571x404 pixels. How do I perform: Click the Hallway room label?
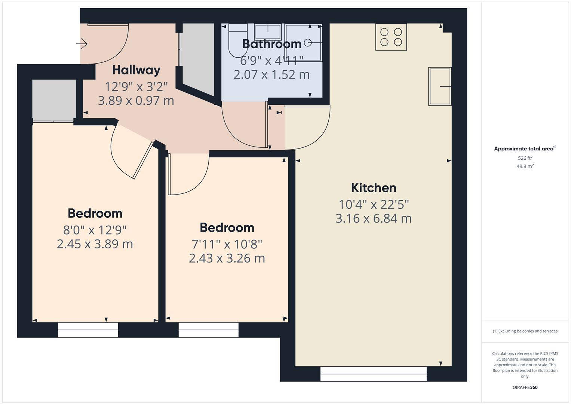coord(136,70)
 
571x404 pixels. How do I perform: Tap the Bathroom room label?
coord(272,44)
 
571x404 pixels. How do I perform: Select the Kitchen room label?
coord(374,187)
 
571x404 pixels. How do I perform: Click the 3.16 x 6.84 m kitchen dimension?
coord(374,218)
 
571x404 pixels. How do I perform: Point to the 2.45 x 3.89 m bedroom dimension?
coord(95,244)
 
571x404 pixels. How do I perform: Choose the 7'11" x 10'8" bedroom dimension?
coord(227,244)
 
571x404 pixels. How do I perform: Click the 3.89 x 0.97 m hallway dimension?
coord(136,101)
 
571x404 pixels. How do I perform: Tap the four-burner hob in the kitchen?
coord(391,37)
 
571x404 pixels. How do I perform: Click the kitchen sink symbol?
coord(440,86)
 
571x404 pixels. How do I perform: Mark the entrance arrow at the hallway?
coord(82,44)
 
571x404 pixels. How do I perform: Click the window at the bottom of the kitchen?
coord(373,374)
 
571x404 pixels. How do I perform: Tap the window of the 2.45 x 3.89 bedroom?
coord(88,330)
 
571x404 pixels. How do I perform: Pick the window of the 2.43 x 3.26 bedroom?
coord(208,330)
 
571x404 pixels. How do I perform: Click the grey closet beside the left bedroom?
coord(54,100)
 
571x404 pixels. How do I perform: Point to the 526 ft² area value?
coord(525,158)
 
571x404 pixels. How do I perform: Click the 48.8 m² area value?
coord(525,166)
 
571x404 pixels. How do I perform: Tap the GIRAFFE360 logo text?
coord(525,387)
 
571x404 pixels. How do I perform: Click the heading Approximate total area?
coord(524,149)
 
